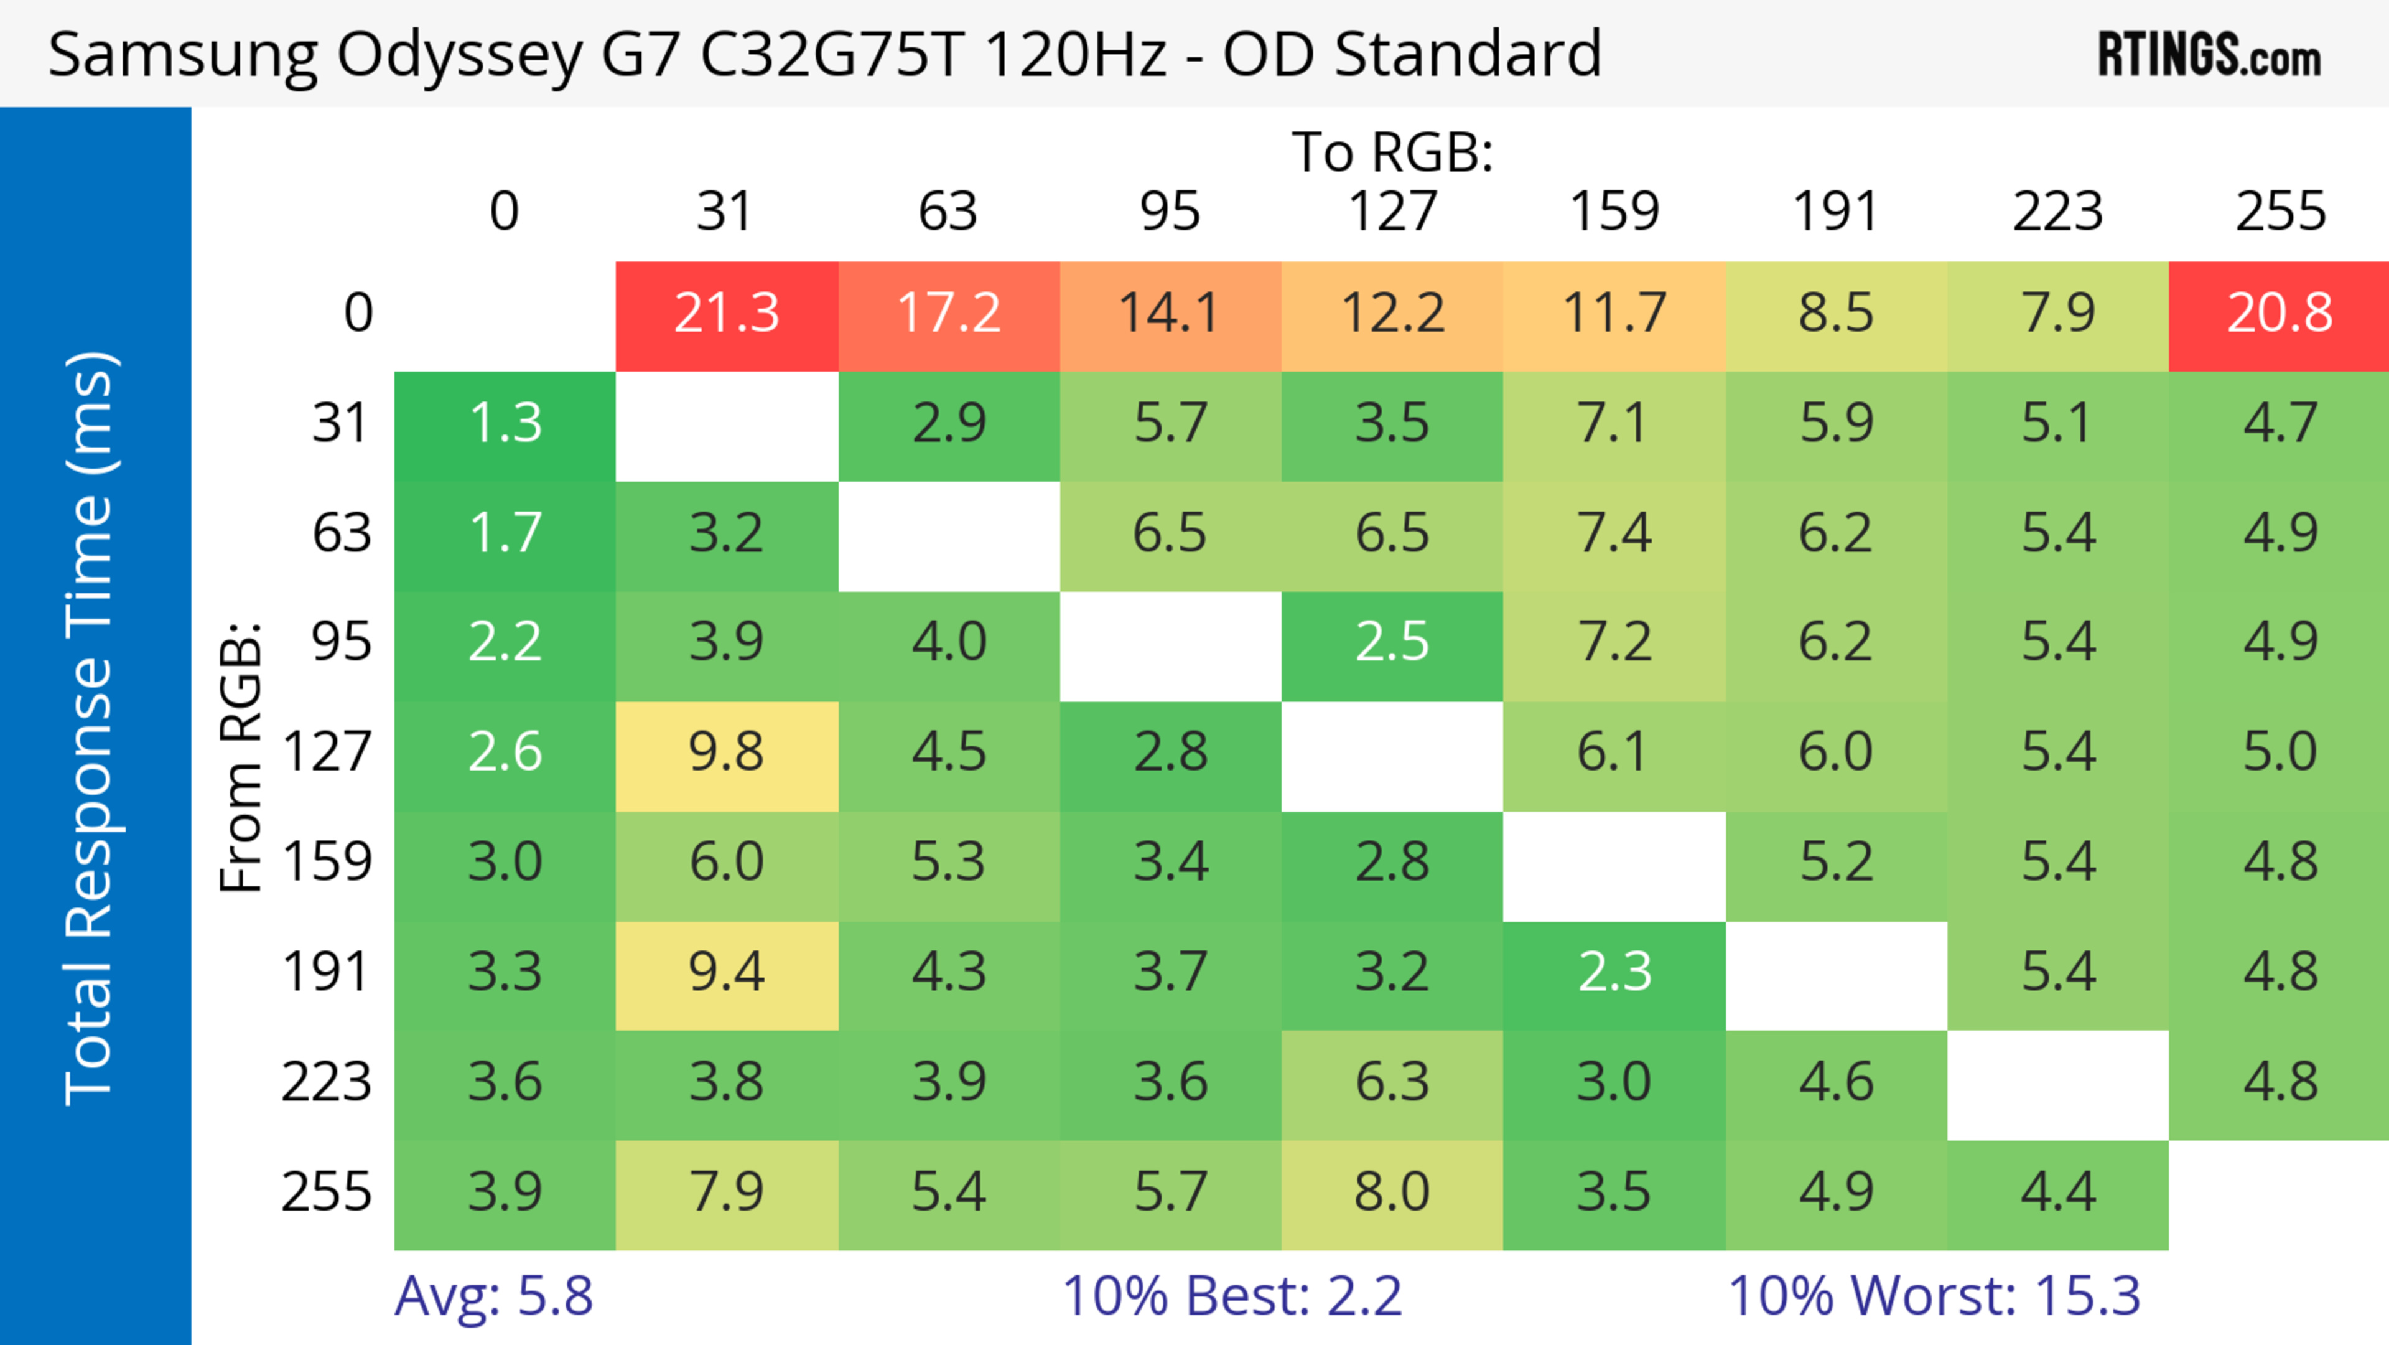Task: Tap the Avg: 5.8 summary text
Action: pyautogui.click(x=493, y=1296)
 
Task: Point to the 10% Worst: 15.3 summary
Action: pyautogui.click(x=1934, y=1296)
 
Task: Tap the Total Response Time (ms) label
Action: pyautogui.click(x=90, y=728)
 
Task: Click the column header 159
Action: pyautogui.click(x=1614, y=212)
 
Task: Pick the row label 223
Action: pyautogui.click(x=327, y=1082)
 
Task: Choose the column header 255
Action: pyautogui.click(x=2280, y=212)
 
